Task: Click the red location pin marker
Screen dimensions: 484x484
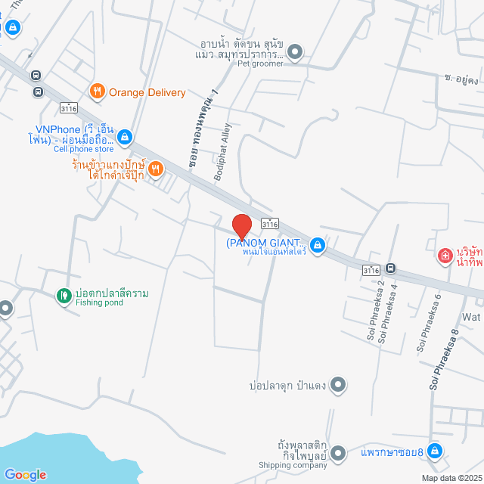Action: click(x=241, y=227)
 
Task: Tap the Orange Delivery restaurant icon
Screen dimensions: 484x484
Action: click(x=97, y=92)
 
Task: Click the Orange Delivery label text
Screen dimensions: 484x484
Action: click(x=147, y=92)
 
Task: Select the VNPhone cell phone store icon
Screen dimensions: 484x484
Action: click(x=126, y=137)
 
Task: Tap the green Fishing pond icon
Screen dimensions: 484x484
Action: click(x=64, y=294)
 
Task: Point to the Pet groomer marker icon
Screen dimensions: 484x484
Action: click(x=295, y=52)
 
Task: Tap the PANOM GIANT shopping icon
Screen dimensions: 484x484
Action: click(x=318, y=245)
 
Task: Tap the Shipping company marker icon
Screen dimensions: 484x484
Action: click(x=338, y=453)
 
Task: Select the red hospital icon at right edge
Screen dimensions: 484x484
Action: click(x=445, y=256)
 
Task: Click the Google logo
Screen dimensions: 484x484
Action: click(x=25, y=475)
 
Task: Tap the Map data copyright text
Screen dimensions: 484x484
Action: click(x=451, y=478)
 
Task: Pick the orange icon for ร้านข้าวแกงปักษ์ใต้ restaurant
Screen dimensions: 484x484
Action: click(x=154, y=169)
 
